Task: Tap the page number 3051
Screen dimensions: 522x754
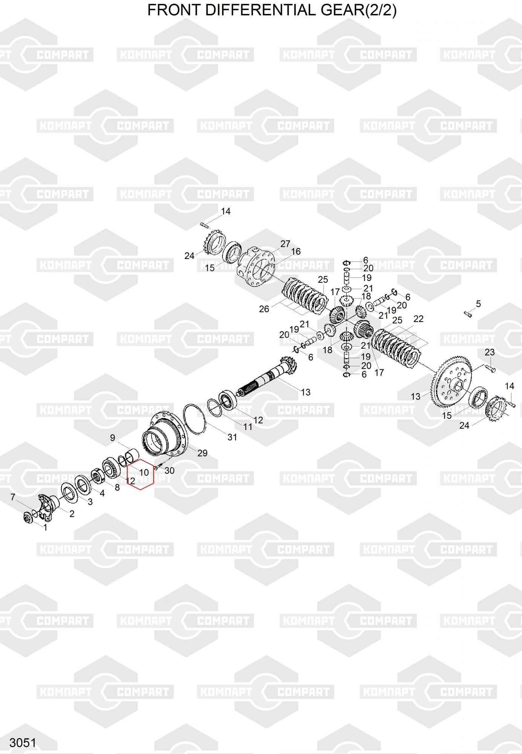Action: pos(23,743)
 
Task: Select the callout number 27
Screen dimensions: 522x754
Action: pos(285,244)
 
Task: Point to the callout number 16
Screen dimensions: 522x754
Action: pos(296,251)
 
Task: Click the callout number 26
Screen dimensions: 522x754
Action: pos(264,309)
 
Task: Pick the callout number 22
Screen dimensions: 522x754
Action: pos(418,319)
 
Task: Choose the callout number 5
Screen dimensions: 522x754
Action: pos(478,304)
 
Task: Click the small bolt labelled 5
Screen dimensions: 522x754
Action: pos(467,313)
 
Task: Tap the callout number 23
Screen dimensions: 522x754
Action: pos(490,352)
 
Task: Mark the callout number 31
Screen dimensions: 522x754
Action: pos(232,437)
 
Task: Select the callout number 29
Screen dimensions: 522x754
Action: pos(202,453)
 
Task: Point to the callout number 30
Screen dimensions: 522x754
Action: pos(170,470)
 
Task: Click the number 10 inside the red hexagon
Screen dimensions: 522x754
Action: pos(144,472)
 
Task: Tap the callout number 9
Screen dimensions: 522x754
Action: pos(112,438)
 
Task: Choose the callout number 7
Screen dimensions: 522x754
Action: pos(13,497)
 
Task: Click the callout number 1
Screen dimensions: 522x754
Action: pos(46,528)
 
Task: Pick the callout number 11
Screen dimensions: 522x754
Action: pos(248,427)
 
